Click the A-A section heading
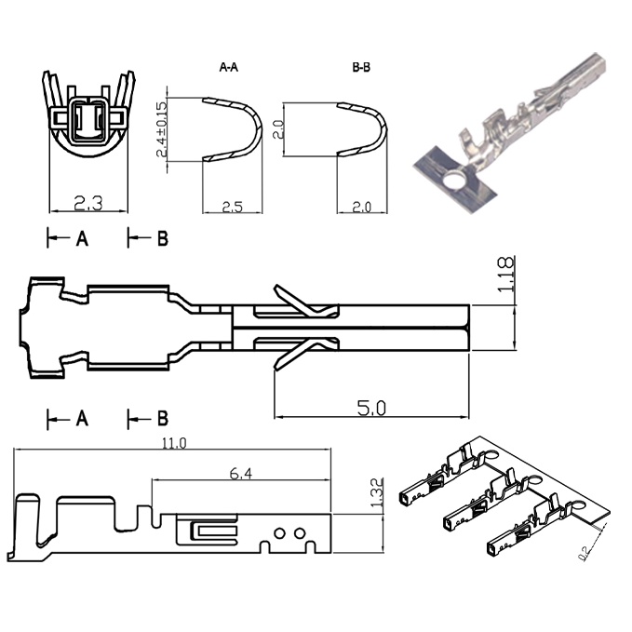pos(229,67)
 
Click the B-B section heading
pos(361,67)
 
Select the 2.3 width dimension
pos(88,204)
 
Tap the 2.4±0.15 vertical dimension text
pos(161,129)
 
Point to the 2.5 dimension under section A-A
pos(233,207)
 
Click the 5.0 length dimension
pos(371,408)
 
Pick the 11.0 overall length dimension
pos(174,443)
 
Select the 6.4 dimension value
pos(241,474)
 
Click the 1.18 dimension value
pos(505,274)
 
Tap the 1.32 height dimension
pos(376,492)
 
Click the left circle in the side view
pos(279,533)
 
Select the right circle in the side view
pos(300,533)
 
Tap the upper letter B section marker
pos(163,238)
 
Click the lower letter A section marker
pos(82,419)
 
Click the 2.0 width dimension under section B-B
pos(361,207)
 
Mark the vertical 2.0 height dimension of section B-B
pos(278,129)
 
